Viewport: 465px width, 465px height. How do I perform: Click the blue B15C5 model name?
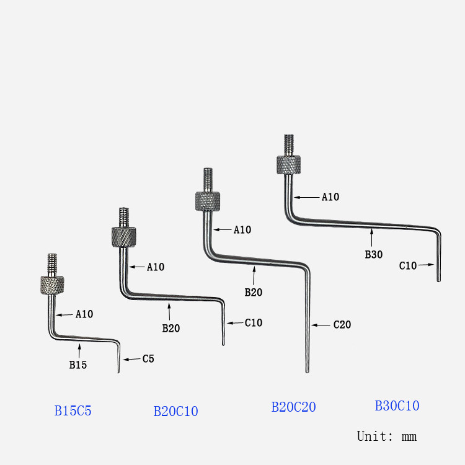(x=73, y=410)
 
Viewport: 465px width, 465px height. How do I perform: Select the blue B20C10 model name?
(x=175, y=411)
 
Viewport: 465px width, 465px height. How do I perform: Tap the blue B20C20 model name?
(x=293, y=407)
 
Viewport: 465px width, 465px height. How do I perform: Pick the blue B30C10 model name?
(x=397, y=405)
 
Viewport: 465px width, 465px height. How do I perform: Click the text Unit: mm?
(x=386, y=436)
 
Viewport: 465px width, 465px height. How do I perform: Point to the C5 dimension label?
(x=148, y=358)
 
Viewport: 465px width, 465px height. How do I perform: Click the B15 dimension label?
(x=77, y=365)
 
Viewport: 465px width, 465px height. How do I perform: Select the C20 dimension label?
(x=342, y=324)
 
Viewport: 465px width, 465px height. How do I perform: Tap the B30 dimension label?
(x=373, y=254)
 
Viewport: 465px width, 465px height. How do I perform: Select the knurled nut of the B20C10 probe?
(x=124, y=237)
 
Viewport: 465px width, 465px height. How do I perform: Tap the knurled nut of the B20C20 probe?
(x=208, y=201)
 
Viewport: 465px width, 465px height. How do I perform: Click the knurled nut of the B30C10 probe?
(x=289, y=165)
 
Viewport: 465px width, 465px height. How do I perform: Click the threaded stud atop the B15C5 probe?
(x=52, y=264)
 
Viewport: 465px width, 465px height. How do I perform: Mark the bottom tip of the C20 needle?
(x=307, y=371)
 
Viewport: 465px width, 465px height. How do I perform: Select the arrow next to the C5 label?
(x=131, y=359)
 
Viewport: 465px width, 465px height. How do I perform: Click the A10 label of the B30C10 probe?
(x=330, y=197)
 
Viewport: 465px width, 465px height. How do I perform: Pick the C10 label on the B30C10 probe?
(x=407, y=265)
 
